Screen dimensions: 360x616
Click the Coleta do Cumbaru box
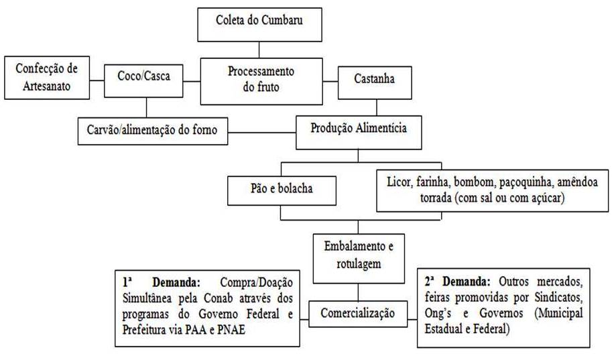coord(259,21)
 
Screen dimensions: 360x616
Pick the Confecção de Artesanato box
coord(46,76)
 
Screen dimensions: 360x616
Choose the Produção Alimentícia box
coord(359,129)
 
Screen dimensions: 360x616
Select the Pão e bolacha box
coord(281,190)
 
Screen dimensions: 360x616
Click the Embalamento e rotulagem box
coord(357,255)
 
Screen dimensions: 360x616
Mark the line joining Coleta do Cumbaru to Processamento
coord(259,49)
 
